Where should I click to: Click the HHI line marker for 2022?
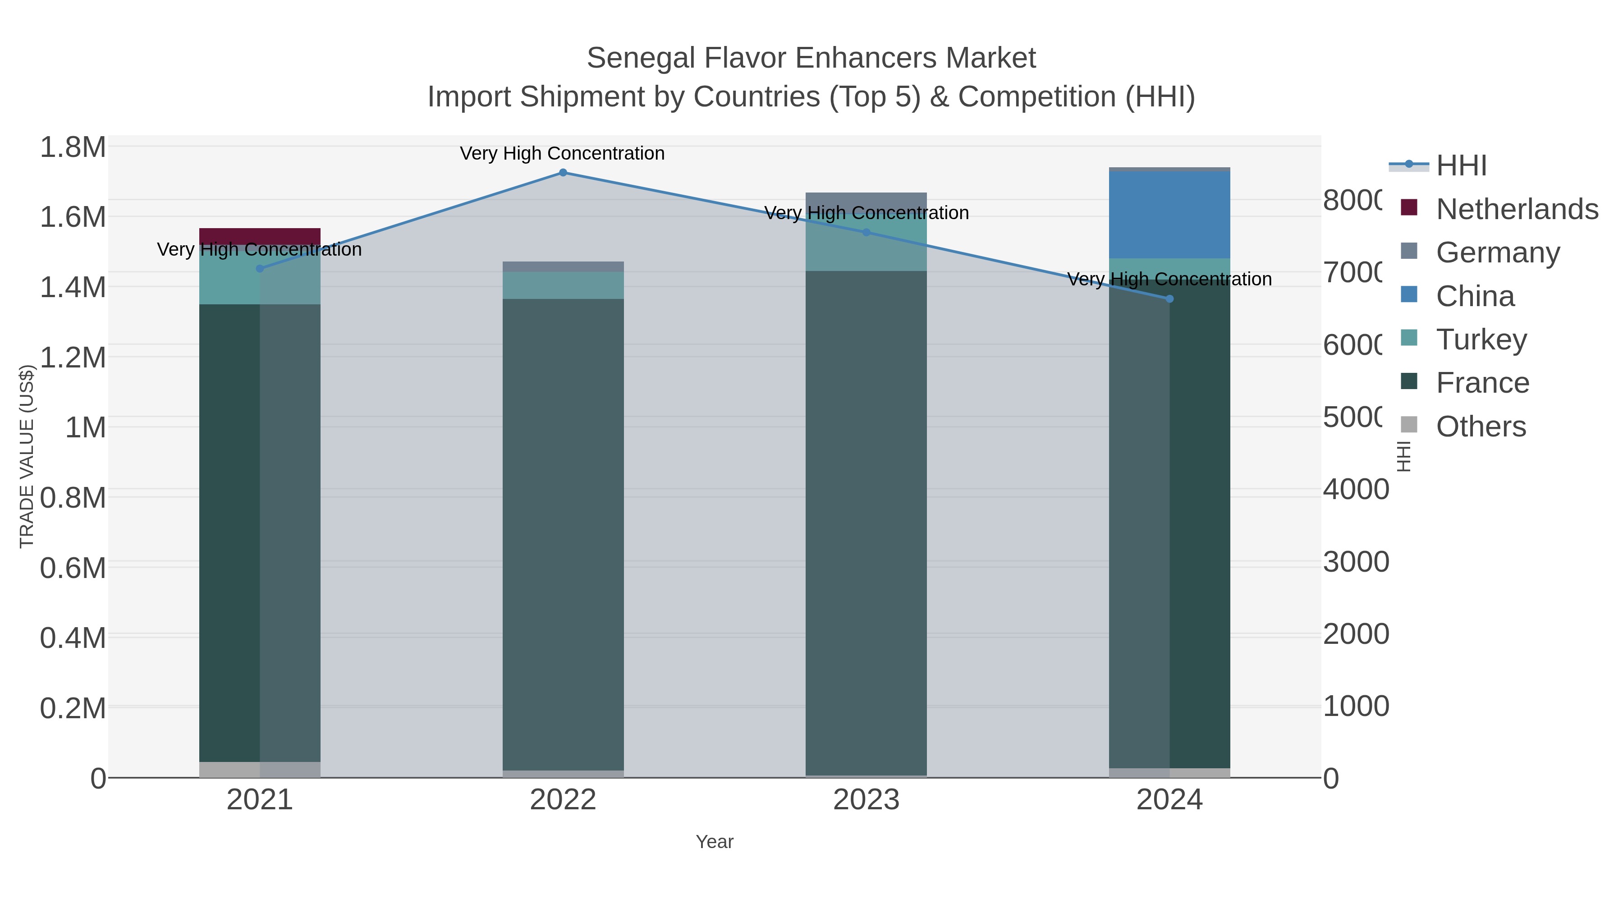563,173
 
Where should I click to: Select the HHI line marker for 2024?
1169,298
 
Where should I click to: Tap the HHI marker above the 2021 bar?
260,268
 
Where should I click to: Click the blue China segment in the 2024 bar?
1169,214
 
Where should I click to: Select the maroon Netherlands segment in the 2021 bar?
260,236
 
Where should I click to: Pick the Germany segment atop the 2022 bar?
563,266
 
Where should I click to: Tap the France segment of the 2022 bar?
563,536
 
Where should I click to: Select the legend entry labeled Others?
1481,427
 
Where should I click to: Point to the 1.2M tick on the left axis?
73,357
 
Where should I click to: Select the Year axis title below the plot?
715,842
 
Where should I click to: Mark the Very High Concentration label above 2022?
562,153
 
